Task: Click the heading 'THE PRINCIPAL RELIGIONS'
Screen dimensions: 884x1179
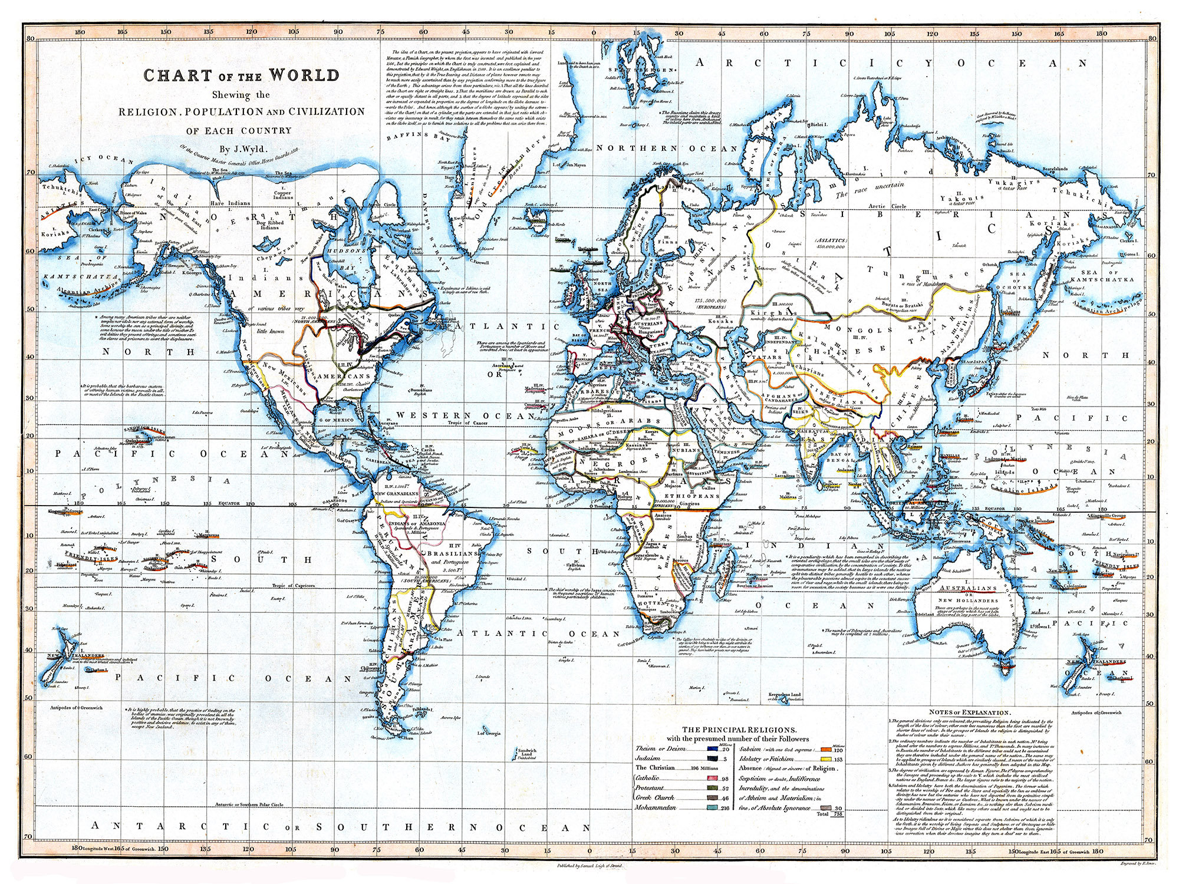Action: point(739,729)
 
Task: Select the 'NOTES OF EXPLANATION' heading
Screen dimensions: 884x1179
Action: point(970,713)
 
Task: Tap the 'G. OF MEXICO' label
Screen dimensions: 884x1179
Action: point(336,420)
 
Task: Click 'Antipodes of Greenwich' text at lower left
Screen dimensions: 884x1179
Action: point(77,707)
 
